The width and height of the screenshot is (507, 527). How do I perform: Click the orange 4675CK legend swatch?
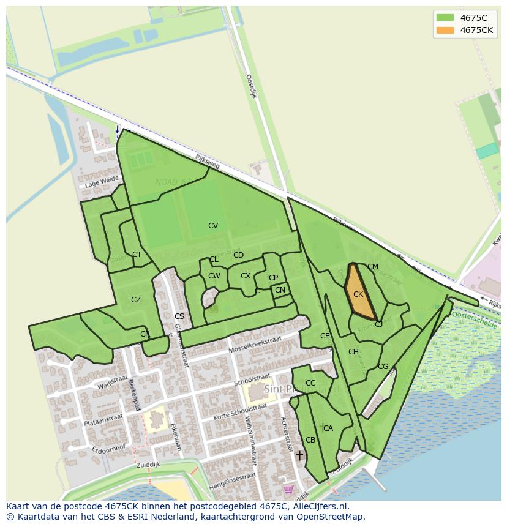tap(445, 30)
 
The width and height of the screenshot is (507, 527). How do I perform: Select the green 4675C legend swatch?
tap(445, 17)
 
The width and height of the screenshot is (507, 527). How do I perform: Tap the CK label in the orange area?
tap(358, 294)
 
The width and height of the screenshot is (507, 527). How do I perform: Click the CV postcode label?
tap(213, 226)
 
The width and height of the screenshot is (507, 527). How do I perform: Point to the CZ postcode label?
tap(136, 300)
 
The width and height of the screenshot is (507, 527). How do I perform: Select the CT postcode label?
tap(137, 255)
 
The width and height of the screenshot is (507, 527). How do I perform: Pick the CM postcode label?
tap(373, 267)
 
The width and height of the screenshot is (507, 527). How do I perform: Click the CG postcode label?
tap(383, 367)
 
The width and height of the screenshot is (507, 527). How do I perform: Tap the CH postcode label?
tap(353, 352)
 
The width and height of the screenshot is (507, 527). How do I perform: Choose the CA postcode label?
tap(328, 428)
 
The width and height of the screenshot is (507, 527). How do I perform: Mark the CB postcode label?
tap(310, 440)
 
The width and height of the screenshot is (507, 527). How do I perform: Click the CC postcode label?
tap(310, 383)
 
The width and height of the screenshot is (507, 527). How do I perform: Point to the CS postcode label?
tap(179, 316)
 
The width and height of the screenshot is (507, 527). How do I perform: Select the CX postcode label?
tap(246, 276)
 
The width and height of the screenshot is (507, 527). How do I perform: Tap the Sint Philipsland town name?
tap(301, 389)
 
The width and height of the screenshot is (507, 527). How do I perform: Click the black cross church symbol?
tap(299, 455)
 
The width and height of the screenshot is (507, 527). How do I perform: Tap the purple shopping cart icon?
tap(288, 489)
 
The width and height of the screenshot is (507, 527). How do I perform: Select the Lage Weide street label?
tap(102, 182)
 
